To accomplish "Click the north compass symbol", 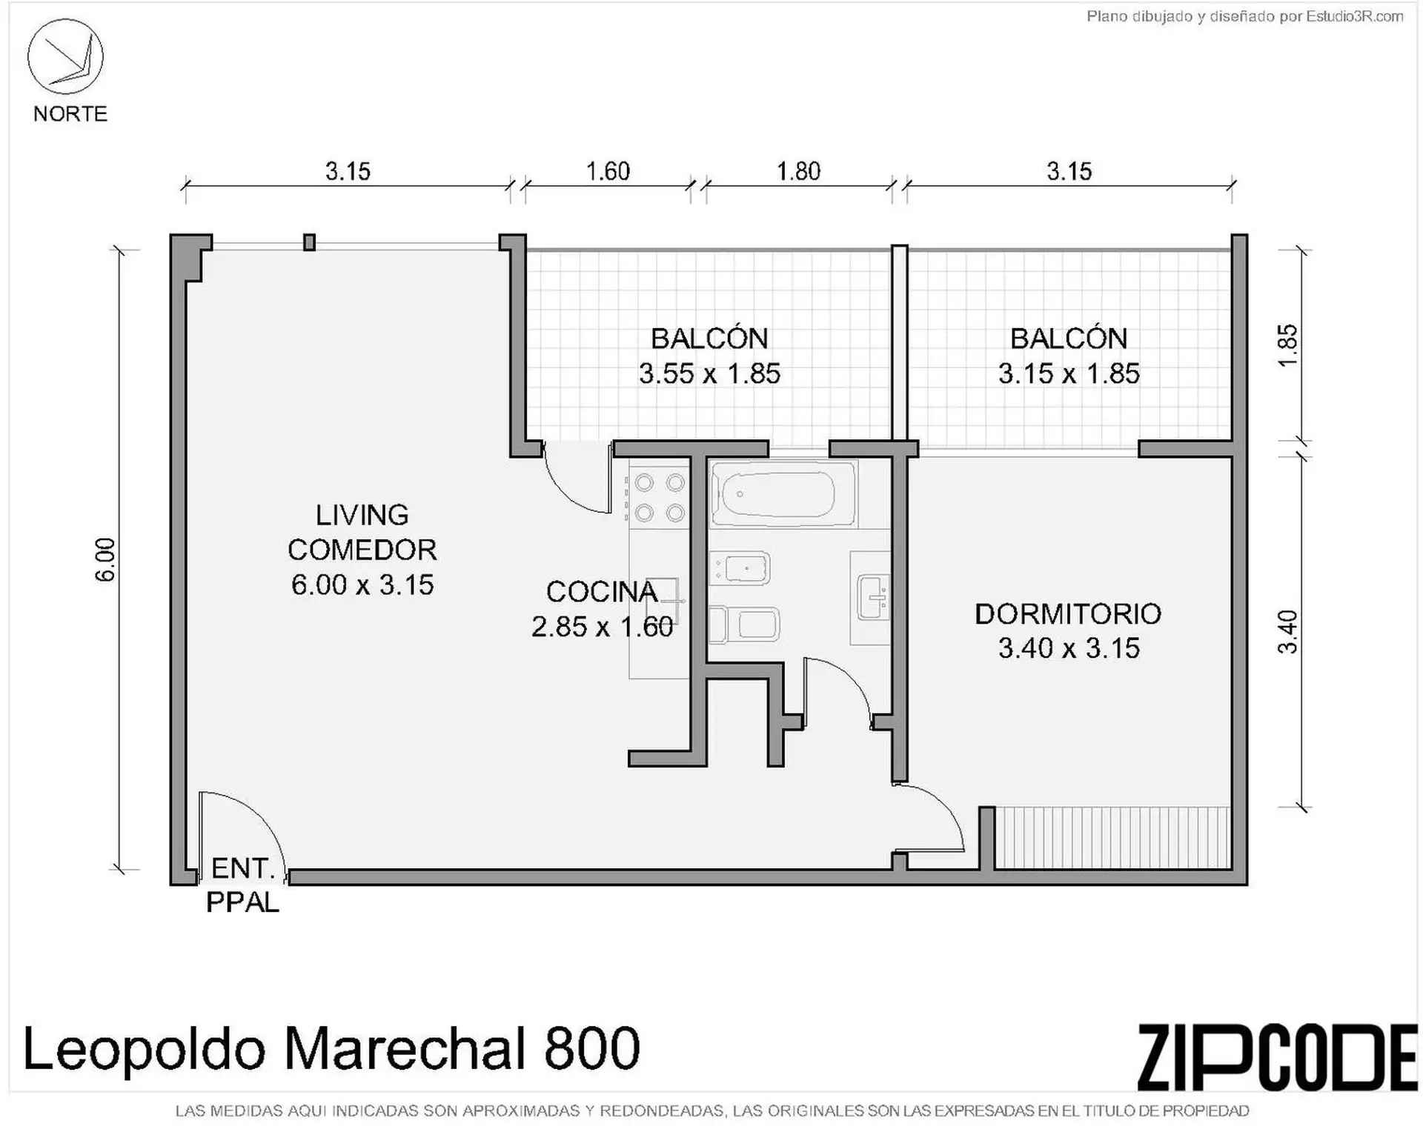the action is [x=65, y=57].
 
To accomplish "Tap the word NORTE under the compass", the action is [x=70, y=114].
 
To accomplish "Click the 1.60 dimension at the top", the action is [x=608, y=172].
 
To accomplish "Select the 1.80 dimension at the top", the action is [x=798, y=172].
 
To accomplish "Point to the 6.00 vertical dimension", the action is [x=105, y=559].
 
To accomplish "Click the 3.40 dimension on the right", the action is [x=1288, y=631].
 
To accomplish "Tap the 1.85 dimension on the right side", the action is [x=1288, y=345].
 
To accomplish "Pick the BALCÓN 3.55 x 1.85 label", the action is [x=710, y=356].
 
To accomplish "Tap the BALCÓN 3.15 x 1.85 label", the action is [x=1069, y=356].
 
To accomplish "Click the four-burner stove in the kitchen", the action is [x=660, y=498].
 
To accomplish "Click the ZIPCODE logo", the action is [x=1276, y=1057].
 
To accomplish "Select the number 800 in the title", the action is [x=591, y=1048].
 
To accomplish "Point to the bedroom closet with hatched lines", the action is [x=1112, y=837].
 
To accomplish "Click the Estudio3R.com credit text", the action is [x=1355, y=16].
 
